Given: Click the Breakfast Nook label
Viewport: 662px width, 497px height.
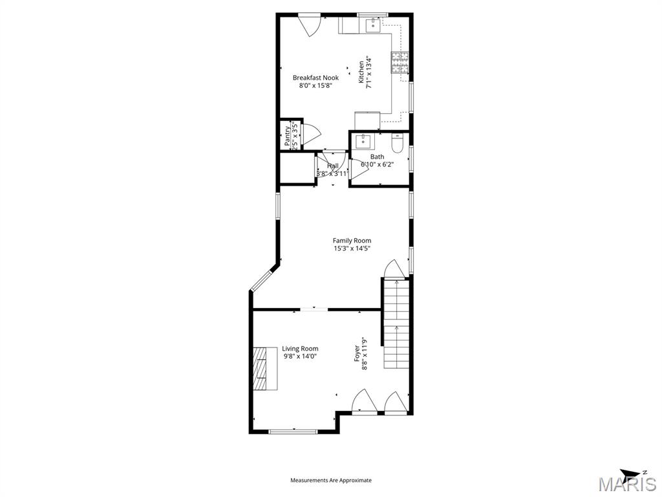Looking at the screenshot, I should [315, 78].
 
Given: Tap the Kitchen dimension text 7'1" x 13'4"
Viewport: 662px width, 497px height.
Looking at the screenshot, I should [369, 72].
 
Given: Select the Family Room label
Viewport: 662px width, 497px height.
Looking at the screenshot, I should [352, 241].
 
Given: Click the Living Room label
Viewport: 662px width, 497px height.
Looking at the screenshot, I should [300, 349].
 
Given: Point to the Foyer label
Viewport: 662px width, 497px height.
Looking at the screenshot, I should [356, 353].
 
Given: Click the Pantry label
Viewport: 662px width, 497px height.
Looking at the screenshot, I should [287, 136].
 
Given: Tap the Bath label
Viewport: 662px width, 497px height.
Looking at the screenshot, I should [377, 157].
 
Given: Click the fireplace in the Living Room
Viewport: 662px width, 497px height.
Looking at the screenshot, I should [264, 368].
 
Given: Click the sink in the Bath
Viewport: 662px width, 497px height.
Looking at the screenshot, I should [363, 140].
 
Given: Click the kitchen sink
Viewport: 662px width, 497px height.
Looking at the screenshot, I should [373, 25].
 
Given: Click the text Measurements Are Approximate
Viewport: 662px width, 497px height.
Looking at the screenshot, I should [331, 480].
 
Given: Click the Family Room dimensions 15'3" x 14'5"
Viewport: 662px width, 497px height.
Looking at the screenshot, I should [352, 248].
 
